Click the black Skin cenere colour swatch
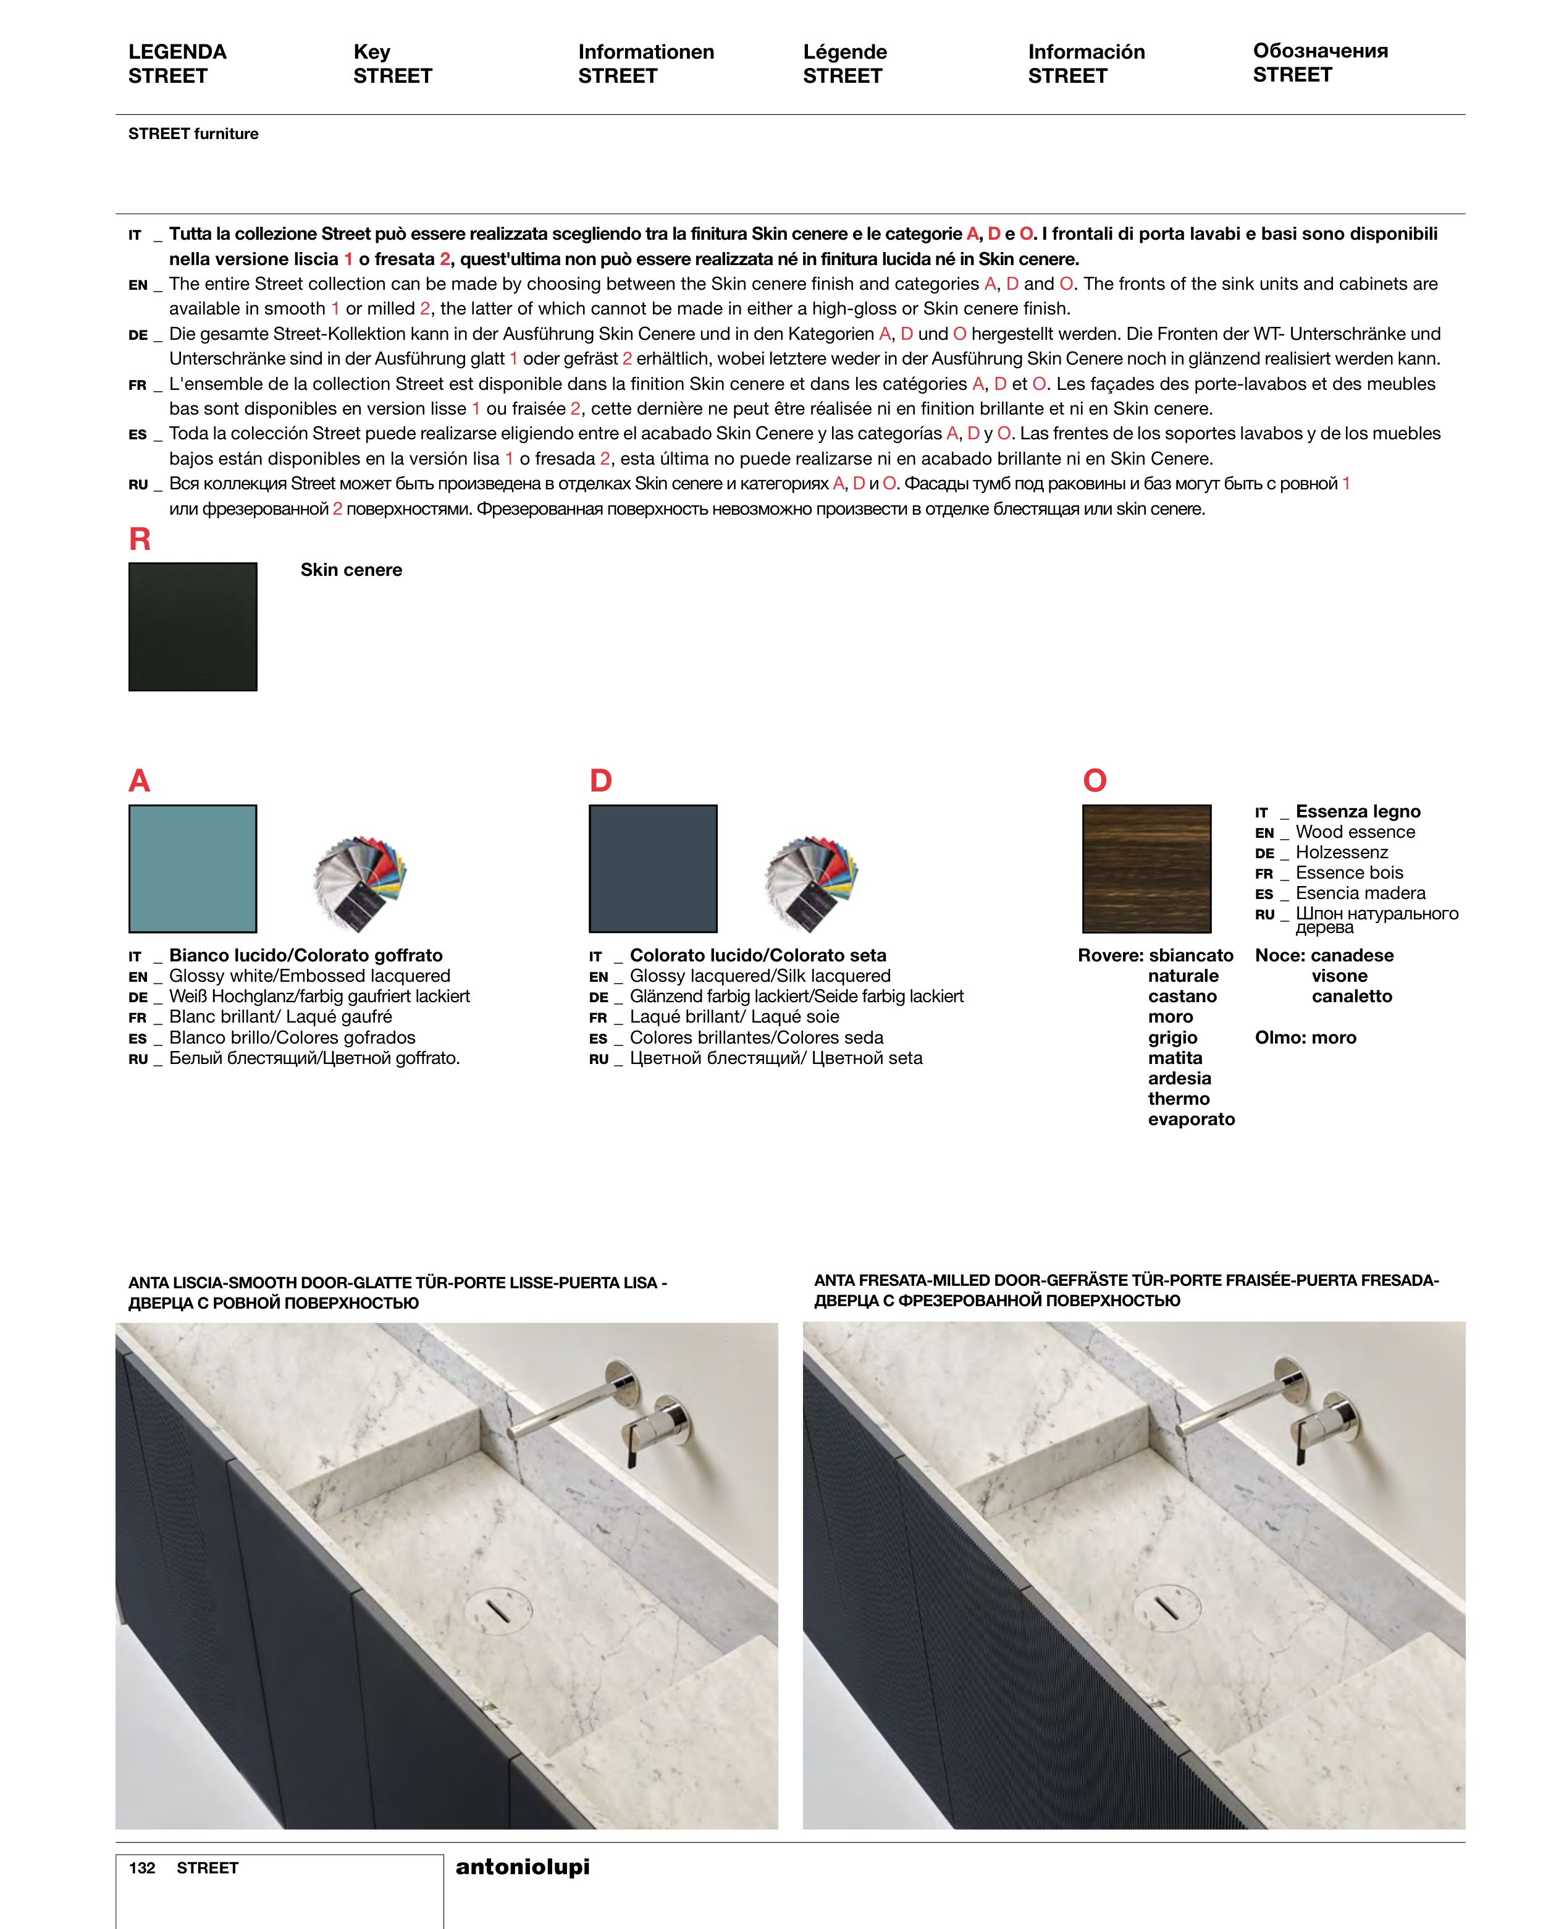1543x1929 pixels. coord(192,627)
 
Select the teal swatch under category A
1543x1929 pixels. coord(192,868)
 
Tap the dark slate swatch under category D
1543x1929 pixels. coord(652,868)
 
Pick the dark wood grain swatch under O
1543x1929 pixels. coord(1146,868)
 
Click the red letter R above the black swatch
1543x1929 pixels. coord(140,539)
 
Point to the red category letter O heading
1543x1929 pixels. coord(1094,780)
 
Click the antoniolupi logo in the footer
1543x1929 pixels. coord(523,1867)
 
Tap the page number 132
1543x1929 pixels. coord(141,1868)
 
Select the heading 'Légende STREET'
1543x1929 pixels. coord(844,64)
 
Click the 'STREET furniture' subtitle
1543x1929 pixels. coord(193,133)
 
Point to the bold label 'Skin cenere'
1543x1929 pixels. coord(351,570)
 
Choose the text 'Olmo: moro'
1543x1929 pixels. coord(1305,1038)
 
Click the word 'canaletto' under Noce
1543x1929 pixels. coord(1352,997)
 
